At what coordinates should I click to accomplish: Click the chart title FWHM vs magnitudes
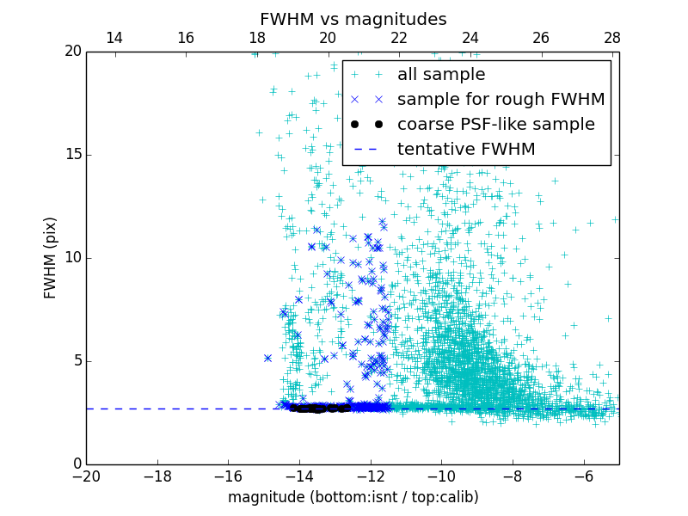pyautogui.click(x=353, y=19)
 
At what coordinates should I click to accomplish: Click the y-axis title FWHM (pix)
pyautogui.click(x=51, y=258)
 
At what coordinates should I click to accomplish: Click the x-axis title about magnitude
pyautogui.click(x=353, y=497)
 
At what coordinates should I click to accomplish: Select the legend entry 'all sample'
pyautogui.click(x=441, y=75)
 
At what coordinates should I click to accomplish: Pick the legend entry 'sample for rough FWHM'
pyautogui.click(x=501, y=100)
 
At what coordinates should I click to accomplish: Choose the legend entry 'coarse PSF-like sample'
pyautogui.click(x=495, y=125)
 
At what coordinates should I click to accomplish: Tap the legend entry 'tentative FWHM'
pyautogui.click(x=466, y=150)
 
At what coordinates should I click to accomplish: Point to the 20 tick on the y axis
pyautogui.click(x=72, y=52)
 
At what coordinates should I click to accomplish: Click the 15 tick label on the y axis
pyautogui.click(x=72, y=155)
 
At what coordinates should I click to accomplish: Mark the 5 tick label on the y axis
pyautogui.click(x=76, y=361)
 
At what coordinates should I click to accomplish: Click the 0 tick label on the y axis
pyautogui.click(x=76, y=464)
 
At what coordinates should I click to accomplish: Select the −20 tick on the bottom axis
pyautogui.click(x=86, y=476)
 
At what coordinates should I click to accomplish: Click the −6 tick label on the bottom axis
pyautogui.click(x=583, y=476)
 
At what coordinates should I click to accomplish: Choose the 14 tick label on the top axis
pyautogui.click(x=114, y=38)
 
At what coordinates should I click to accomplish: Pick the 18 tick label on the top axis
pyautogui.click(x=256, y=38)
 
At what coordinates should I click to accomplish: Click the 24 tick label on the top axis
pyautogui.click(x=470, y=38)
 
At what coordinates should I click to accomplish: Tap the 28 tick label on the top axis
pyautogui.click(x=611, y=38)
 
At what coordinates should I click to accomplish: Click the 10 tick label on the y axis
pyautogui.click(x=72, y=258)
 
